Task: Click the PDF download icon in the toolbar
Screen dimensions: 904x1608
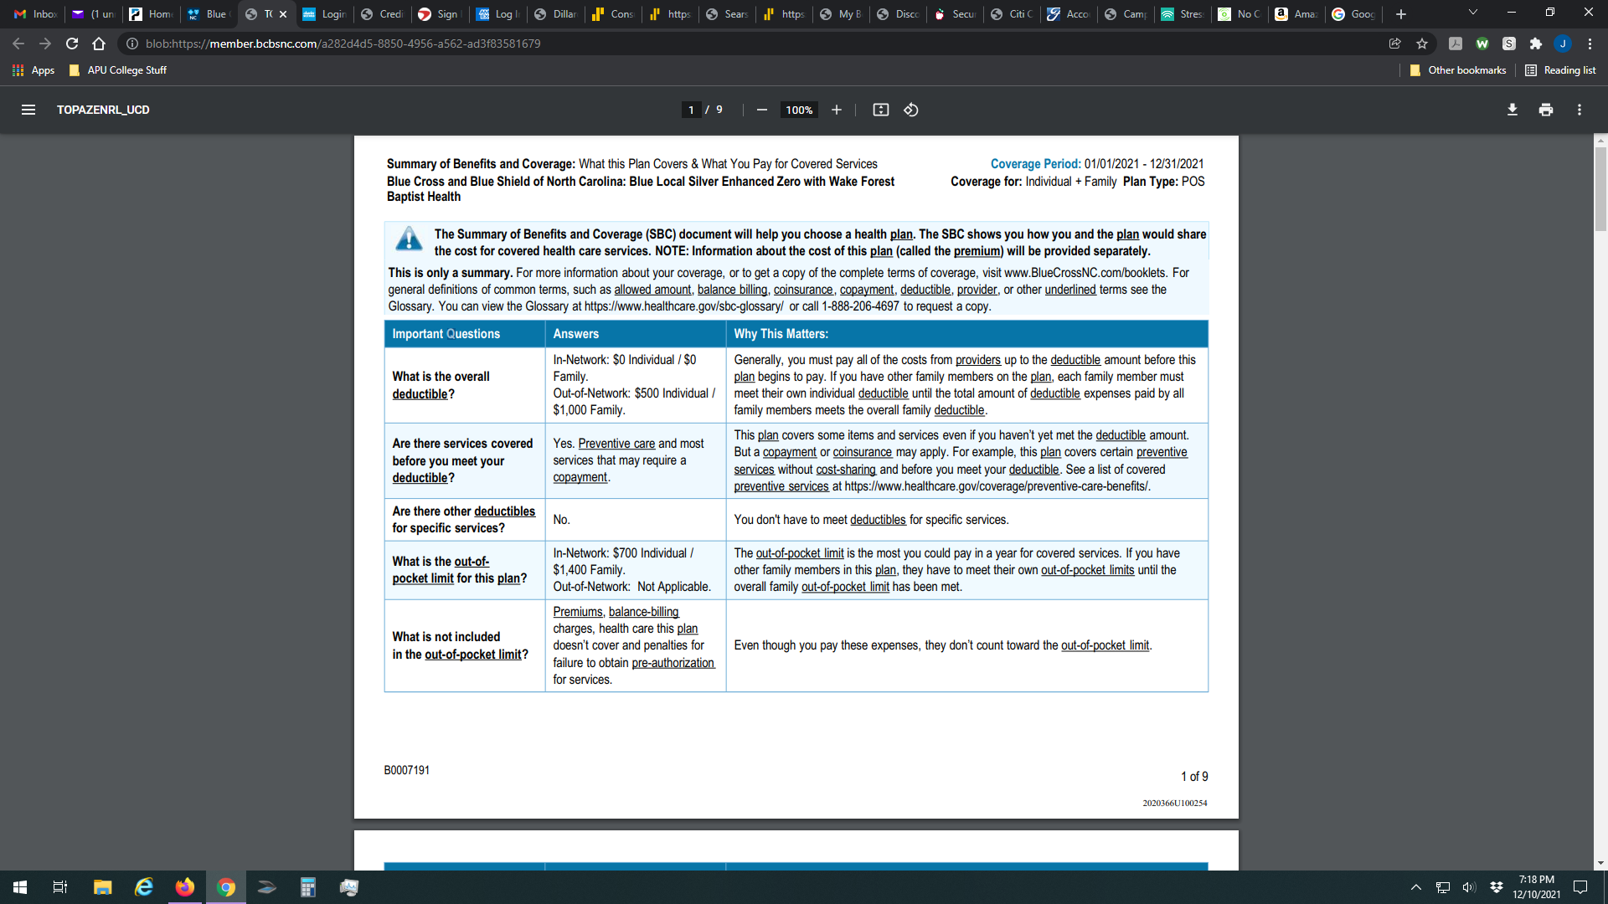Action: (x=1513, y=110)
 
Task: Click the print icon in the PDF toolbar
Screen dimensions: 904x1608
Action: (x=1546, y=110)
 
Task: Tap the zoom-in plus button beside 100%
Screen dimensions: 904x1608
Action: (x=836, y=110)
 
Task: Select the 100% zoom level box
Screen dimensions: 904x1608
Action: (x=799, y=110)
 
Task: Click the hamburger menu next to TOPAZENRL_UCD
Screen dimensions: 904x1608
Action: (x=28, y=110)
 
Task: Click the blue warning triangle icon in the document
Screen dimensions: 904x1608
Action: (x=409, y=239)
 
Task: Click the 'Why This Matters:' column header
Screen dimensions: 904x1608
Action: (x=781, y=334)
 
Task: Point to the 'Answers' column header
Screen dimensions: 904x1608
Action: (x=575, y=334)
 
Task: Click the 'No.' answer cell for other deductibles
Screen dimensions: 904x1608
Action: (x=561, y=520)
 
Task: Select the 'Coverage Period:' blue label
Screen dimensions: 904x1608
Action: (x=1035, y=164)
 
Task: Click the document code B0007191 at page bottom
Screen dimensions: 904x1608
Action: (x=407, y=770)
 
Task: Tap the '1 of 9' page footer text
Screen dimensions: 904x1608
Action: (x=1194, y=777)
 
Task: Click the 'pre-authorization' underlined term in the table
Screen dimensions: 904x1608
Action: (x=673, y=663)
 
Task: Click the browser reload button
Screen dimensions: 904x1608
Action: (x=72, y=44)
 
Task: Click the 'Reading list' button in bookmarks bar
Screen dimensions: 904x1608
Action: (x=1560, y=70)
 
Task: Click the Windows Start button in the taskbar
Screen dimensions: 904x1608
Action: (x=20, y=887)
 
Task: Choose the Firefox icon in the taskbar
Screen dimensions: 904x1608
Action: (x=184, y=887)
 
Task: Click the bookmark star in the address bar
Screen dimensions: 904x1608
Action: (x=1422, y=44)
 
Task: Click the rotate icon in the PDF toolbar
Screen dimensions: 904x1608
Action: (x=911, y=110)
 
